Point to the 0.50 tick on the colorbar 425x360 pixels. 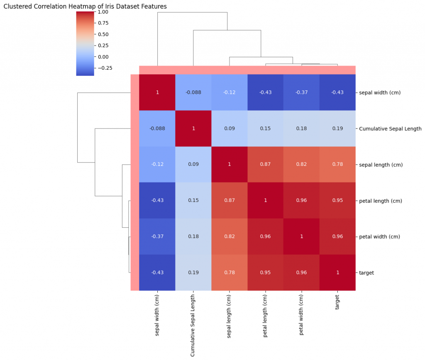coord(103,34)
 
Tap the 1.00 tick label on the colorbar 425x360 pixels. coord(103,12)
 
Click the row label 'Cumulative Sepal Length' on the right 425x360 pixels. coord(390,129)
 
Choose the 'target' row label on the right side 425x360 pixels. coord(366,272)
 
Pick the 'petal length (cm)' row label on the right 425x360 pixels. coord(380,201)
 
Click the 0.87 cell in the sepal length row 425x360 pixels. coord(265,165)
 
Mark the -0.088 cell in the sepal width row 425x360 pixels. coord(193,92)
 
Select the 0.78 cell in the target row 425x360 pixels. coord(229,272)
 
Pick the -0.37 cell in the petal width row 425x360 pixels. coord(157,236)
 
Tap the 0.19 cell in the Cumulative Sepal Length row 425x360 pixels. coord(337,129)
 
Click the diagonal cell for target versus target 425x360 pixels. coord(337,272)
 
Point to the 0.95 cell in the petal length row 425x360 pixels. coord(337,201)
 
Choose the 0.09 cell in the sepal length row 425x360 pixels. coord(193,165)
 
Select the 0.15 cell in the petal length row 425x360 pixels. coord(193,201)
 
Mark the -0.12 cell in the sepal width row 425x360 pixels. coord(229,92)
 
